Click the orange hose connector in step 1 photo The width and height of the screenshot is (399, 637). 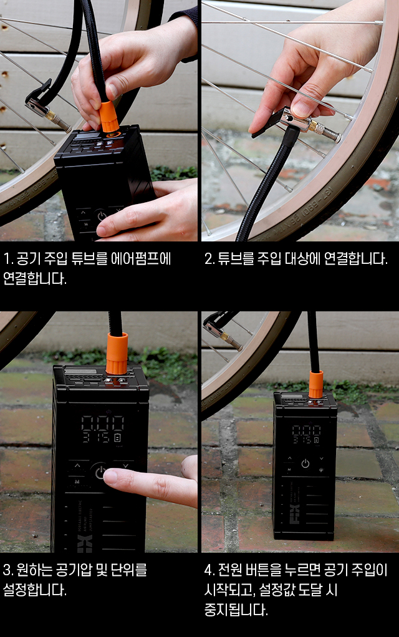(108, 116)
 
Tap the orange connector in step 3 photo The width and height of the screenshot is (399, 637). (117, 353)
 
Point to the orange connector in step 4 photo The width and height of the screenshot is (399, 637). (316, 384)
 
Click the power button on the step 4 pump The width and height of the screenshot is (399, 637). (305, 464)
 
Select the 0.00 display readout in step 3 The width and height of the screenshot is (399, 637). (103, 423)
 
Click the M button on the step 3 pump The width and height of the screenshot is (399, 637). (77, 482)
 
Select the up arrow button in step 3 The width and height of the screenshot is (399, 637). (77, 465)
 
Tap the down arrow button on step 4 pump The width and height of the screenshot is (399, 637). (322, 459)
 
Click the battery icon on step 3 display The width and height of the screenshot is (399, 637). (118, 438)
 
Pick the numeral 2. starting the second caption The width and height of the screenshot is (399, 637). (209, 259)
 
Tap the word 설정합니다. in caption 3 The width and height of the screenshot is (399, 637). (34, 590)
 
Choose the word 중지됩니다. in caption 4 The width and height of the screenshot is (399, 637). (236, 610)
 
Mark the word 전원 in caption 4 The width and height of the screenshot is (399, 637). (229, 570)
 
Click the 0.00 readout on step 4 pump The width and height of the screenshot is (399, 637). (307, 430)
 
